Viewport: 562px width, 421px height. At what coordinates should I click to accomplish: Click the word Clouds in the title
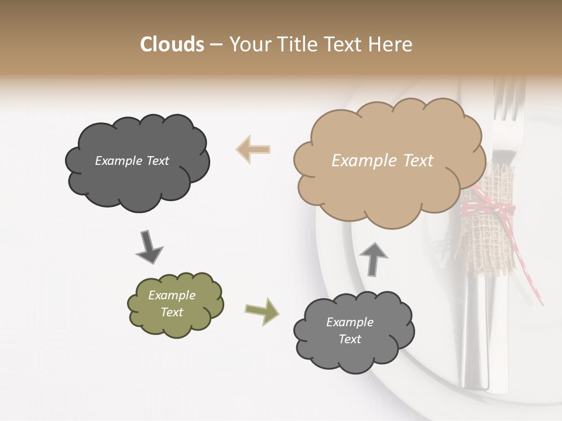tap(172, 44)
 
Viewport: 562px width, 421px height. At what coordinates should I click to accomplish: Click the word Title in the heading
tap(296, 44)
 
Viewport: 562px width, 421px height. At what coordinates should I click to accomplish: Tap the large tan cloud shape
tap(386, 175)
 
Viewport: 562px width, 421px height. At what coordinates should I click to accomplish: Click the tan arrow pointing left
tap(253, 149)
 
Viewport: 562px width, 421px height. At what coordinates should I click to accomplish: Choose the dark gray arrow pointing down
tap(149, 247)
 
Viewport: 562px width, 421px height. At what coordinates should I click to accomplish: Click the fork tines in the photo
tap(508, 99)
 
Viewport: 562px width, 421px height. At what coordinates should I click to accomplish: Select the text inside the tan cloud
tap(382, 161)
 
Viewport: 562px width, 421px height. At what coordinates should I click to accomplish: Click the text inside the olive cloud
tap(172, 303)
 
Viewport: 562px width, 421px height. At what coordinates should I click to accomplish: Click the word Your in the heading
tap(250, 44)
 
